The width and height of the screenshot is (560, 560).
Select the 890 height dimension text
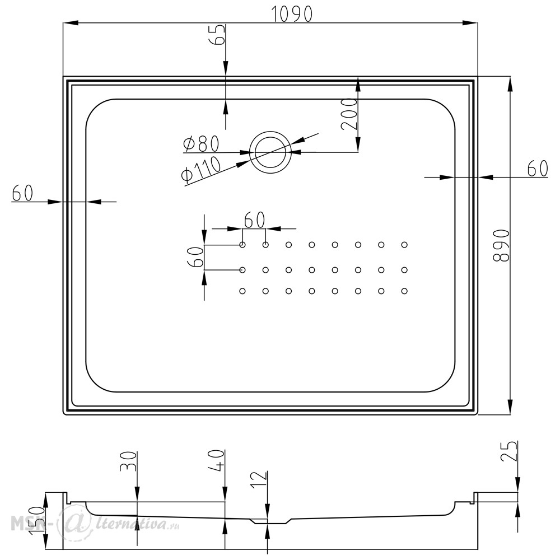pos(501,246)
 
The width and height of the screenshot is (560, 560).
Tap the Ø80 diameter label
pos(200,144)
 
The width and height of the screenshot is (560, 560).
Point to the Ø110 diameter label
pos(201,171)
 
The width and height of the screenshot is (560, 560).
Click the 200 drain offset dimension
pos(349,114)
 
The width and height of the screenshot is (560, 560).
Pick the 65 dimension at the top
pos(217,35)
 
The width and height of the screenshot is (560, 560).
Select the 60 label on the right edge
pos(538,169)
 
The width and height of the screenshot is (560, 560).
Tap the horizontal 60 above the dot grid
pos(254,220)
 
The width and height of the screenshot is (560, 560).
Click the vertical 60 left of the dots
pos(195,257)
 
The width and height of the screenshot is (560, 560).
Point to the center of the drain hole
pos(270,152)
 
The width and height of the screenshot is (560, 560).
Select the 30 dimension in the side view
pos(129,462)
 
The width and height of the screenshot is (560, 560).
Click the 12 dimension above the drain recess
pos(259,480)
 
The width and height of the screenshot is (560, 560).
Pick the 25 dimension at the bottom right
pos(509,451)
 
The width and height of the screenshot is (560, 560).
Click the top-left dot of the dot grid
pos(242,245)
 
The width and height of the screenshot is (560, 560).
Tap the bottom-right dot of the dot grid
pos(404,291)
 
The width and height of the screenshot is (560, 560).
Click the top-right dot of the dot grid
pos(404,245)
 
